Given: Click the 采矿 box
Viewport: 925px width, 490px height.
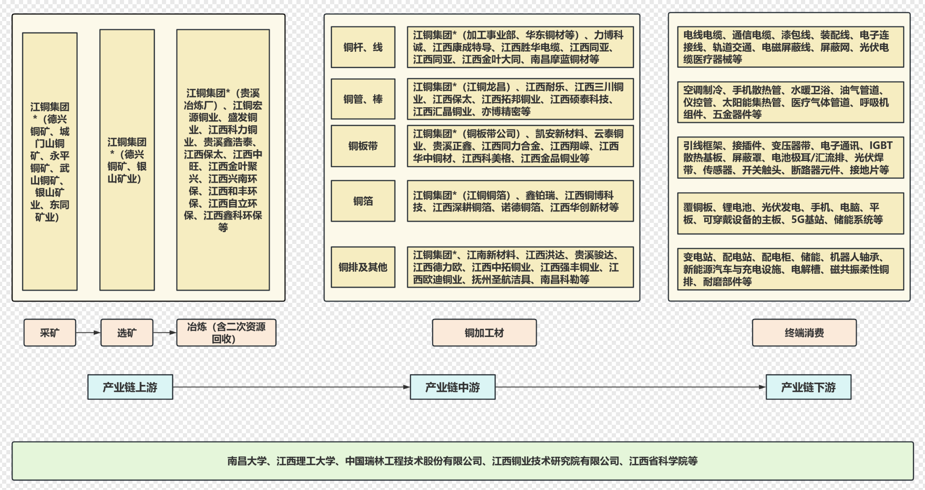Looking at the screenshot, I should [50, 333].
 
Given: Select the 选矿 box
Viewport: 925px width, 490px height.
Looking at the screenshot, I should [127, 333].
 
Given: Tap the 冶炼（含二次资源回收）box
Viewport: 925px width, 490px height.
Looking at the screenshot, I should [226, 333].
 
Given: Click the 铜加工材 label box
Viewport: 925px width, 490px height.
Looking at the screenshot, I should [484, 333].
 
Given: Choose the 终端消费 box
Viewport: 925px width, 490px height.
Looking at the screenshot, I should [804, 333].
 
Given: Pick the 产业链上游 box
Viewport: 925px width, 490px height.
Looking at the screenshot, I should [130, 387].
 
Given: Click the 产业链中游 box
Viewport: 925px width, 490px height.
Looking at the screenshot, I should [452, 387].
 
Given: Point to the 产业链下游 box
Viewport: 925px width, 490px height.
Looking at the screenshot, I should [808, 387].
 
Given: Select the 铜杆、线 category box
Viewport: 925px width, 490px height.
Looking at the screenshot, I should [363, 47].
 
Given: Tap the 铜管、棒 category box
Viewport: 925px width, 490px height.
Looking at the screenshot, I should [363, 99].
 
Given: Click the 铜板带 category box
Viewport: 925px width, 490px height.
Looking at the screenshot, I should [363, 146].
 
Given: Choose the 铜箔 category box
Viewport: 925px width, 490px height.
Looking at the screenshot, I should [363, 201].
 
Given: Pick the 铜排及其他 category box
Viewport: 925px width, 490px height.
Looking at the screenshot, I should [363, 267].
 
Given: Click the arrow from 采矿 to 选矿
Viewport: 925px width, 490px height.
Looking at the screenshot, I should [88, 333].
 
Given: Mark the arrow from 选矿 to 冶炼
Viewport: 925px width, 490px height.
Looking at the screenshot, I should [164, 333].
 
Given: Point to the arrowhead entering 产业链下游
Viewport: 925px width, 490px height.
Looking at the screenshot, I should [762, 387].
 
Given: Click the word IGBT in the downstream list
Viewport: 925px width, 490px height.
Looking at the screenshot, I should [880, 146].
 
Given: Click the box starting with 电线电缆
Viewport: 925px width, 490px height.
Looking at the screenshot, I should [790, 47].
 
